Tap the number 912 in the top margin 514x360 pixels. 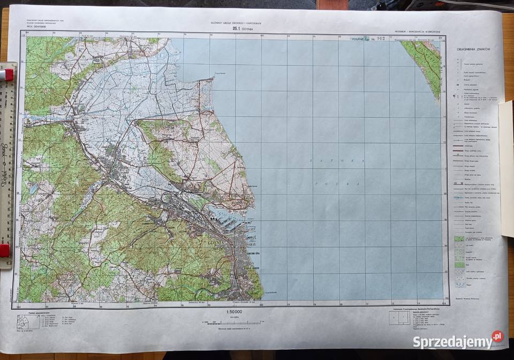click(381, 39)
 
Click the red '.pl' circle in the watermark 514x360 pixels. click(497, 336)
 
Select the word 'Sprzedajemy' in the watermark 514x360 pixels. click(452, 342)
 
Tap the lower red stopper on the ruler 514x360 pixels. click(4, 250)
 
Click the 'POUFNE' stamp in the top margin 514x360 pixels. click(358, 39)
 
